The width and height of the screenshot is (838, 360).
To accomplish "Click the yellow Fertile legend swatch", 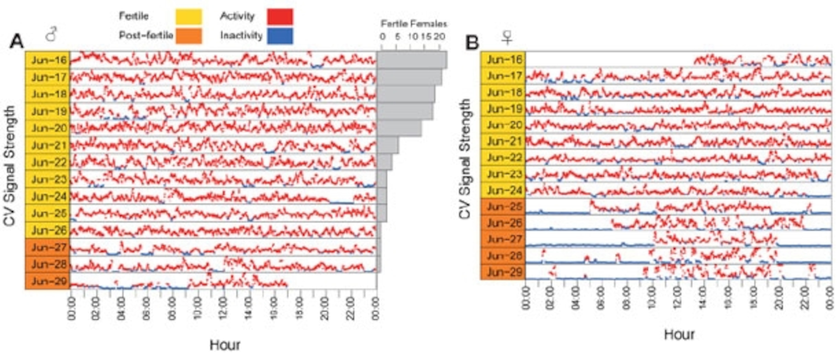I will (x=189, y=17).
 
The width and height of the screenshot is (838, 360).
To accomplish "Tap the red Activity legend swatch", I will (x=280, y=17).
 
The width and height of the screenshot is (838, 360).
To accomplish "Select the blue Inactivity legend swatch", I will (x=280, y=36).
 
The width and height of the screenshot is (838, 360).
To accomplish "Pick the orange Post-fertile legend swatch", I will (x=189, y=36).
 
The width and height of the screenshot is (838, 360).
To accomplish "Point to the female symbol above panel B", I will (x=507, y=38).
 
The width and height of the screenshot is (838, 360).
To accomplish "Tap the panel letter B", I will (x=472, y=42).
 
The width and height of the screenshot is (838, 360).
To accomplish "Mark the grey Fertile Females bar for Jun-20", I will (x=399, y=128).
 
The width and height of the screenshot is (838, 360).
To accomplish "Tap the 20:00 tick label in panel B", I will (x=779, y=298).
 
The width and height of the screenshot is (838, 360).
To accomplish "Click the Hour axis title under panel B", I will (x=679, y=335).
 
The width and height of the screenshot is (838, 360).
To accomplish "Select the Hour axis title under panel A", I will (x=225, y=345).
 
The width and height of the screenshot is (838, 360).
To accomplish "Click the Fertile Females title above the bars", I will (x=414, y=24).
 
